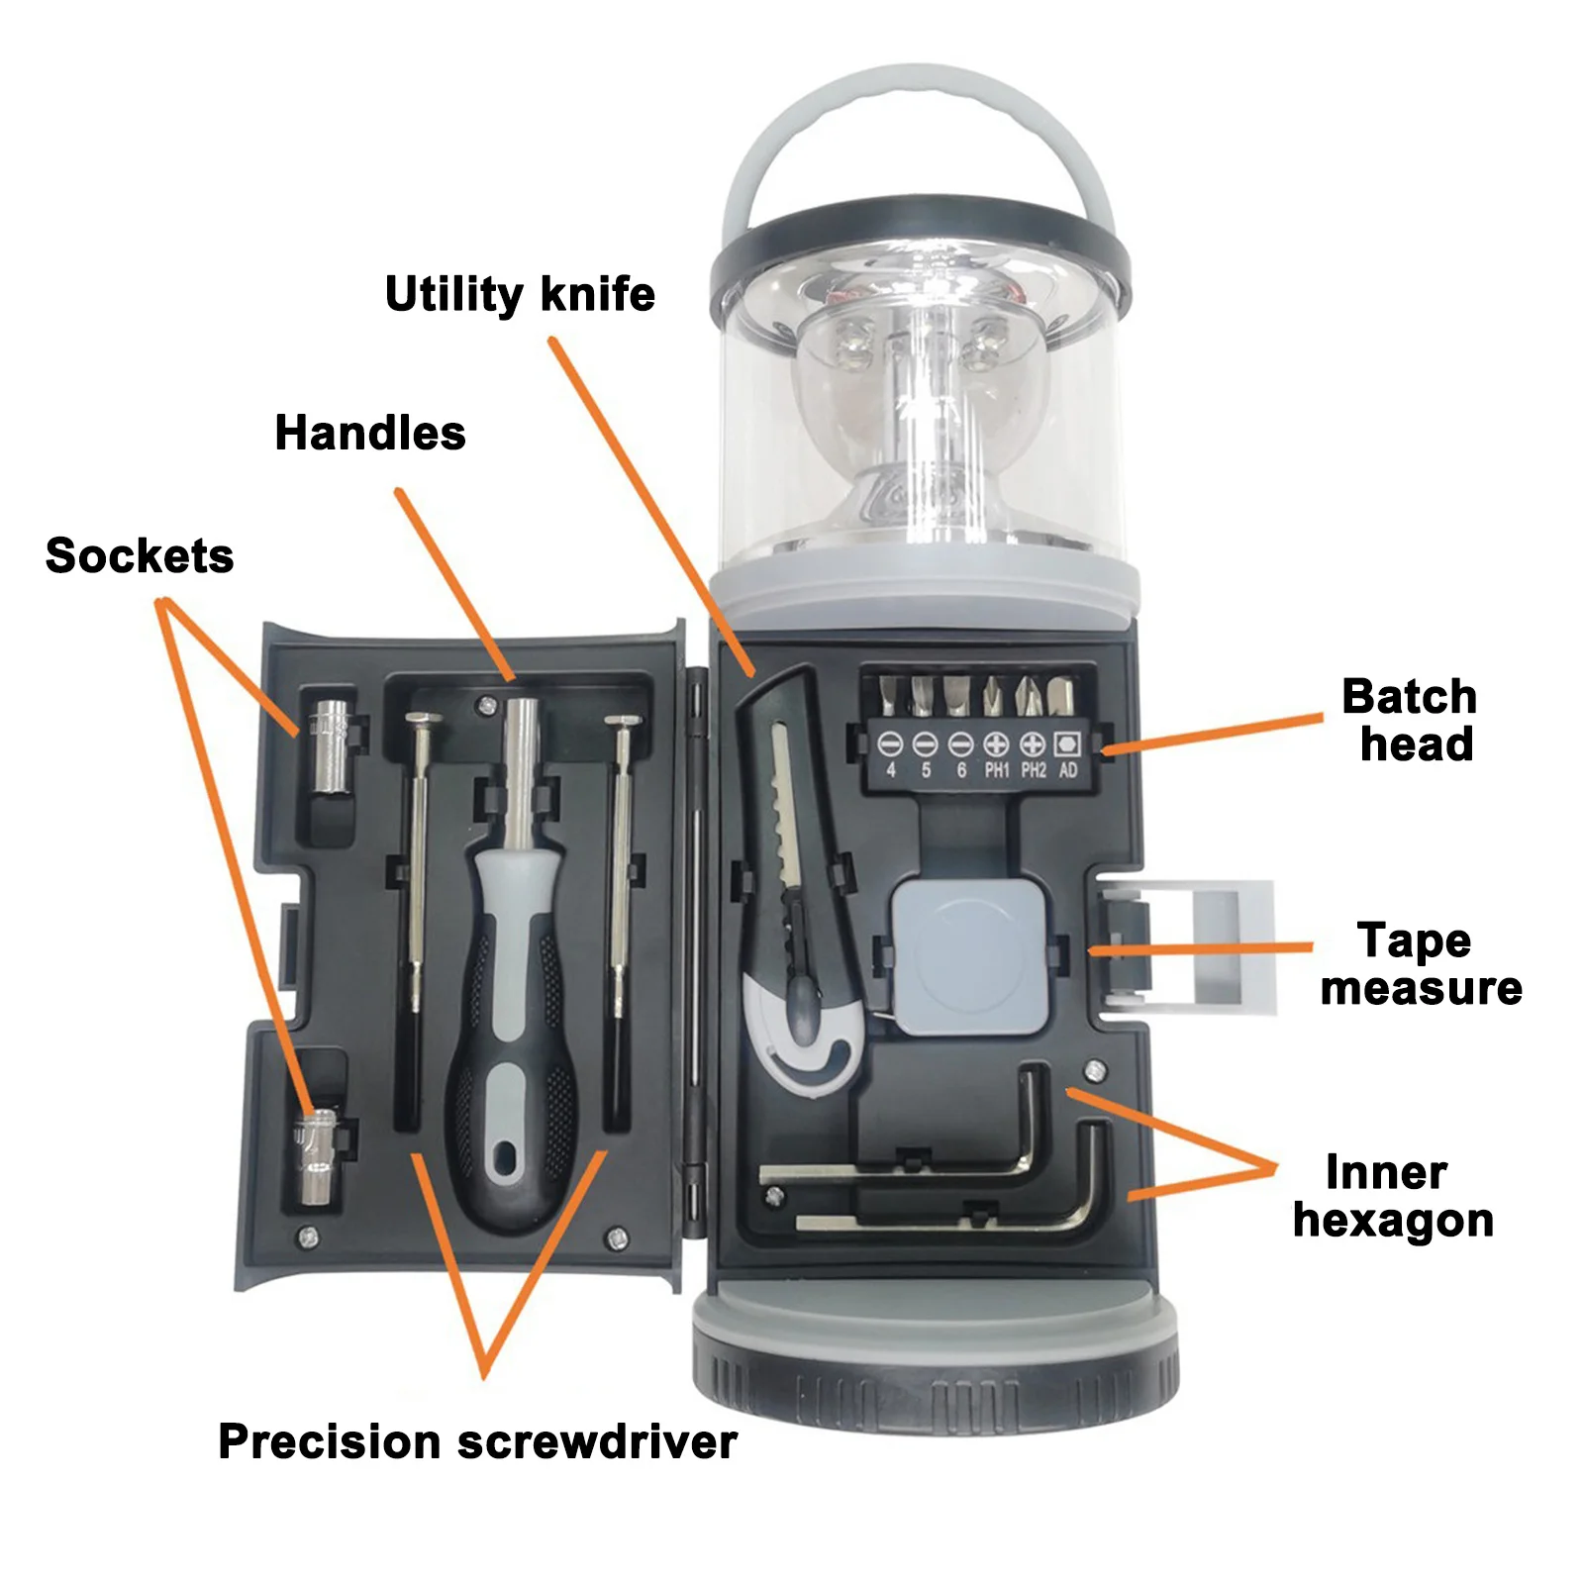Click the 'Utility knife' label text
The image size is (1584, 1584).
tap(520, 295)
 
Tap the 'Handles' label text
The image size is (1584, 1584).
tap(370, 434)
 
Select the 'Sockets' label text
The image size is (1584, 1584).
tap(140, 556)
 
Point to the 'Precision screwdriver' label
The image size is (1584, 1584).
tap(477, 1441)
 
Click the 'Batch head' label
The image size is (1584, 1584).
tap(1411, 721)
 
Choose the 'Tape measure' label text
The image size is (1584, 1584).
tap(1420, 964)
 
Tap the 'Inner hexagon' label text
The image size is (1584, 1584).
tap(1392, 1196)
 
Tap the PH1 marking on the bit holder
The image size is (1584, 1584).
tap(996, 770)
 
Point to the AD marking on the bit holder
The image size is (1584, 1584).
tap(1067, 770)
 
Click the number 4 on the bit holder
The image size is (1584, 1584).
tap(891, 770)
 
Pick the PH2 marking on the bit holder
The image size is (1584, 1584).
tap(1033, 770)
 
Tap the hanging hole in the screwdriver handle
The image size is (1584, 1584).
tap(506, 1155)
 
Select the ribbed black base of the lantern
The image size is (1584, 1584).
tap(936, 1381)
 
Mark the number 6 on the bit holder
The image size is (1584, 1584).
tap(960, 770)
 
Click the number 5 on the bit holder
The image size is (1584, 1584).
tap(926, 770)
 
